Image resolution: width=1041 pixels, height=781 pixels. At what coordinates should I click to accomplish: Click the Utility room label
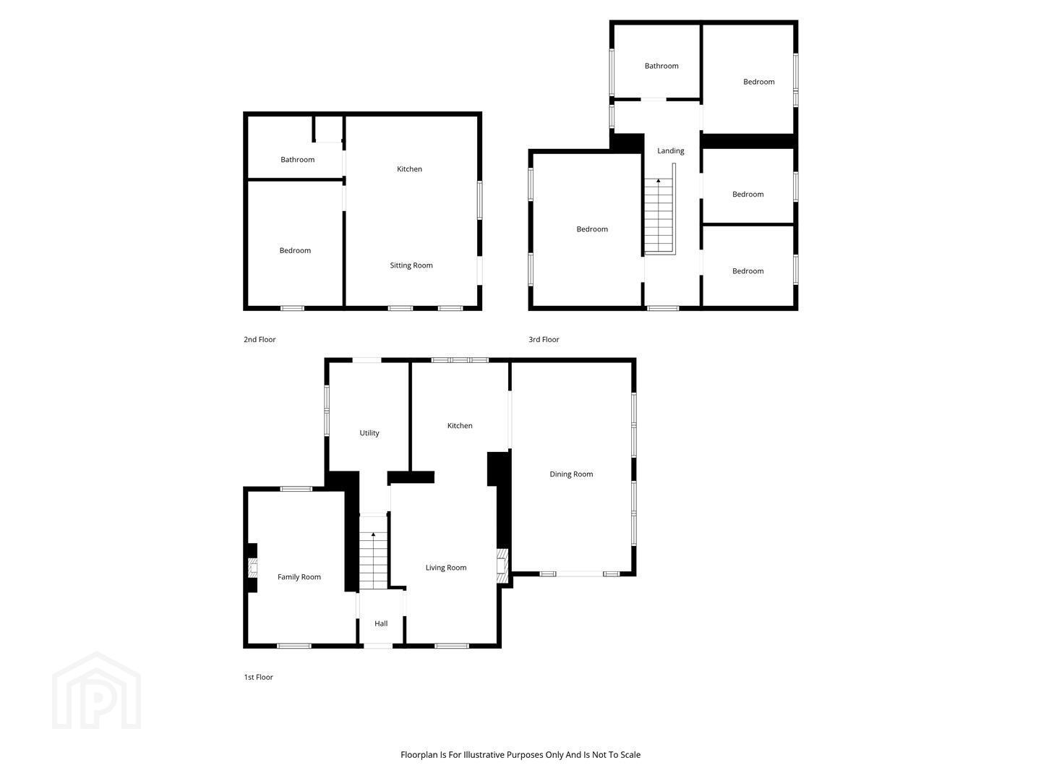click(x=369, y=433)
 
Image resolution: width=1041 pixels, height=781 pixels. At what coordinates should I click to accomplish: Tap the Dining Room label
click(x=571, y=474)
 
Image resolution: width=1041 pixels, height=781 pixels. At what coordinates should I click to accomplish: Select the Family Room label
click(x=299, y=576)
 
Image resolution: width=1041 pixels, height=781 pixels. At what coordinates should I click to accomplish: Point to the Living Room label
click(x=446, y=567)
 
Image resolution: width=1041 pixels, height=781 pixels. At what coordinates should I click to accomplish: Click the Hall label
click(x=381, y=623)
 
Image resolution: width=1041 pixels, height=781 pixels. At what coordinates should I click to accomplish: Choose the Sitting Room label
click(x=411, y=265)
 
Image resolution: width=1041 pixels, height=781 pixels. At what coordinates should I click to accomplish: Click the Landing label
click(x=671, y=151)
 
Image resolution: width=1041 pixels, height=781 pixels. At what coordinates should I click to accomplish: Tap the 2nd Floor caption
click(x=260, y=340)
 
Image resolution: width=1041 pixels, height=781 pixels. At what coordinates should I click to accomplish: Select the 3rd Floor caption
click(x=544, y=340)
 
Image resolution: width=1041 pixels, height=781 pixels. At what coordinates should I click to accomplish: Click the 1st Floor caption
click(x=259, y=677)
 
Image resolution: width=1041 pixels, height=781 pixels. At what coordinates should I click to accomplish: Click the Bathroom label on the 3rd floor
click(x=661, y=66)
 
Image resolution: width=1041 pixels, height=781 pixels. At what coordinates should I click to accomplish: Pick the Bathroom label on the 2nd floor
click(x=297, y=159)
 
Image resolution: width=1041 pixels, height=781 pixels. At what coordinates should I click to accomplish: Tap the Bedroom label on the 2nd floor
click(x=295, y=250)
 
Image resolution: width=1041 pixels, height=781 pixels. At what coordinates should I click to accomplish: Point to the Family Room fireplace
click(x=253, y=568)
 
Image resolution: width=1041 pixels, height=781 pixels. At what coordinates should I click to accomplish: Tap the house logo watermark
click(x=97, y=691)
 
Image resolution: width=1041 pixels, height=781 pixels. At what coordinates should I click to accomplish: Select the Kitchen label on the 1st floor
click(x=460, y=425)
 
